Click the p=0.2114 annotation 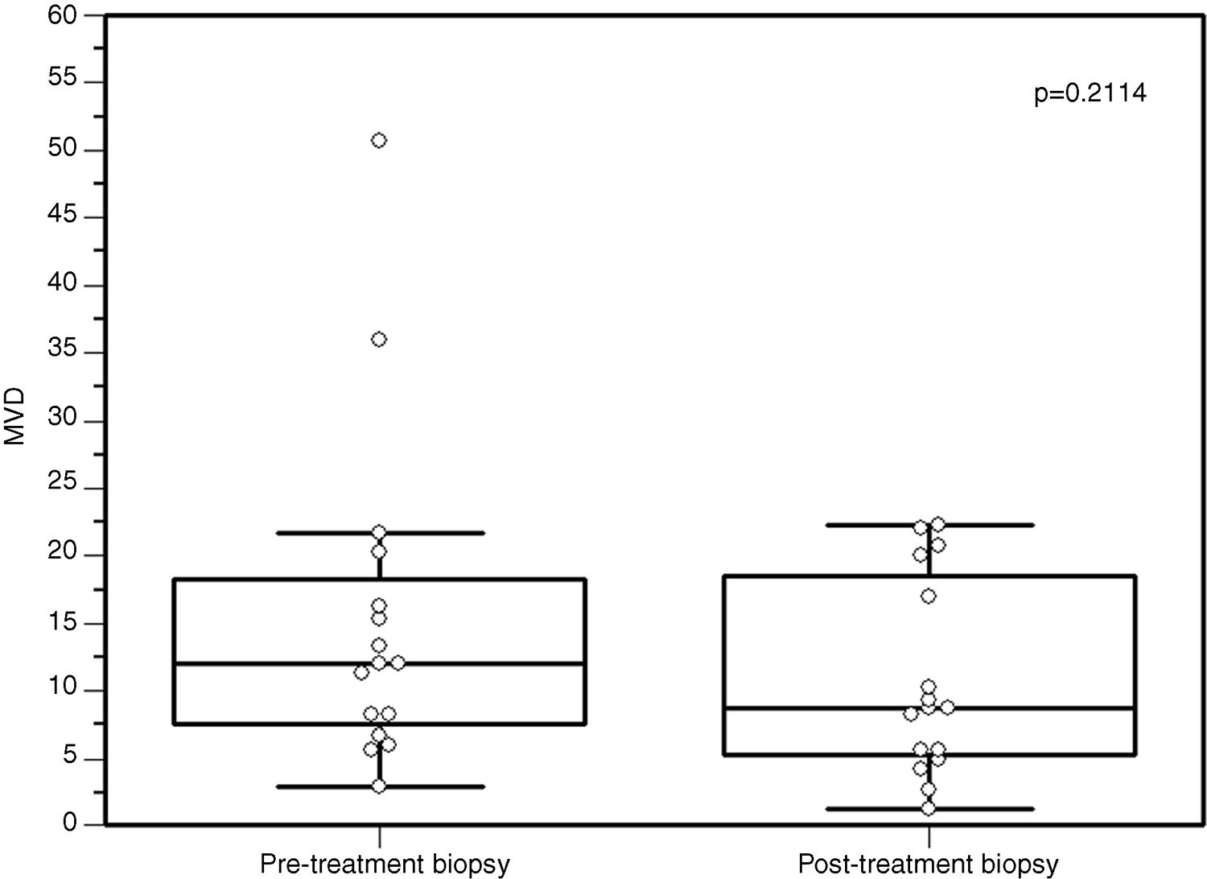(1090, 94)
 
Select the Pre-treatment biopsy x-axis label (385, 865)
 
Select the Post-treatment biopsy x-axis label (928, 865)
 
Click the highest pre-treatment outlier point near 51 (379, 141)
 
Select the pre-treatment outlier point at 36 (379, 340)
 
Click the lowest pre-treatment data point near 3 (379, 786)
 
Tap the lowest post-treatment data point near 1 (928, 808)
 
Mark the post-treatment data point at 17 (928, 596)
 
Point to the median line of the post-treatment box (1046, 708)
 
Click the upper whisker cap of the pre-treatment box (435, 533)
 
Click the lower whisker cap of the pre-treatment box (435, 786)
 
